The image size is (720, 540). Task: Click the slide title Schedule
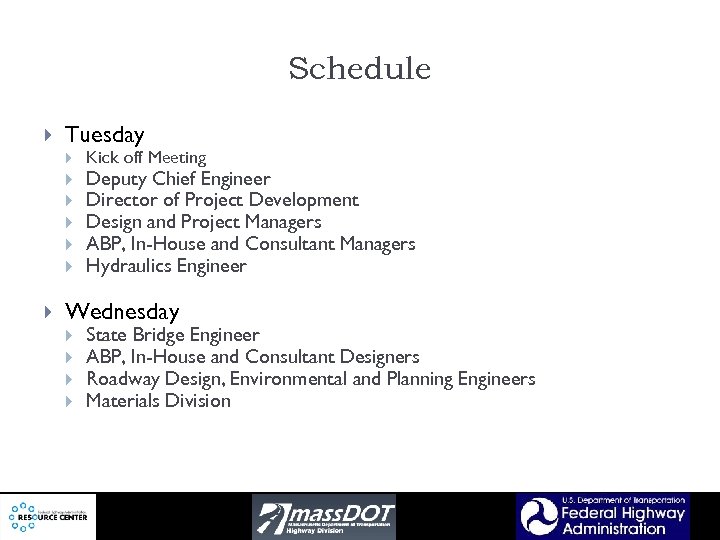(359, 69)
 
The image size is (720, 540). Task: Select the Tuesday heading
(104, 134)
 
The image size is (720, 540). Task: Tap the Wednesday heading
(122, 312)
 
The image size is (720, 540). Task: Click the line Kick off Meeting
(146, 157)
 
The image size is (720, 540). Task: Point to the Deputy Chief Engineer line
(178, 179)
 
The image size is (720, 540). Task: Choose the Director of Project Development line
(222, 200)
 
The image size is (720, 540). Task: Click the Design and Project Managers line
(203, 222)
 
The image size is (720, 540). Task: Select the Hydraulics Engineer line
(166, 266)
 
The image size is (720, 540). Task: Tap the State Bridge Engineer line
(172, 335)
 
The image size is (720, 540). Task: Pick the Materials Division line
(158, 401)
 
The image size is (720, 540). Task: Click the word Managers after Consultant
(377, 244)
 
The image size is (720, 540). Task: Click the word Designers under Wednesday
(381, 357)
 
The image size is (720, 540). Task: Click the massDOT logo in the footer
(323, 516)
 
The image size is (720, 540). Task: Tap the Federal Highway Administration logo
(603, 516)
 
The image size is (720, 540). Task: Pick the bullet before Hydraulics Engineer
(69, 267)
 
